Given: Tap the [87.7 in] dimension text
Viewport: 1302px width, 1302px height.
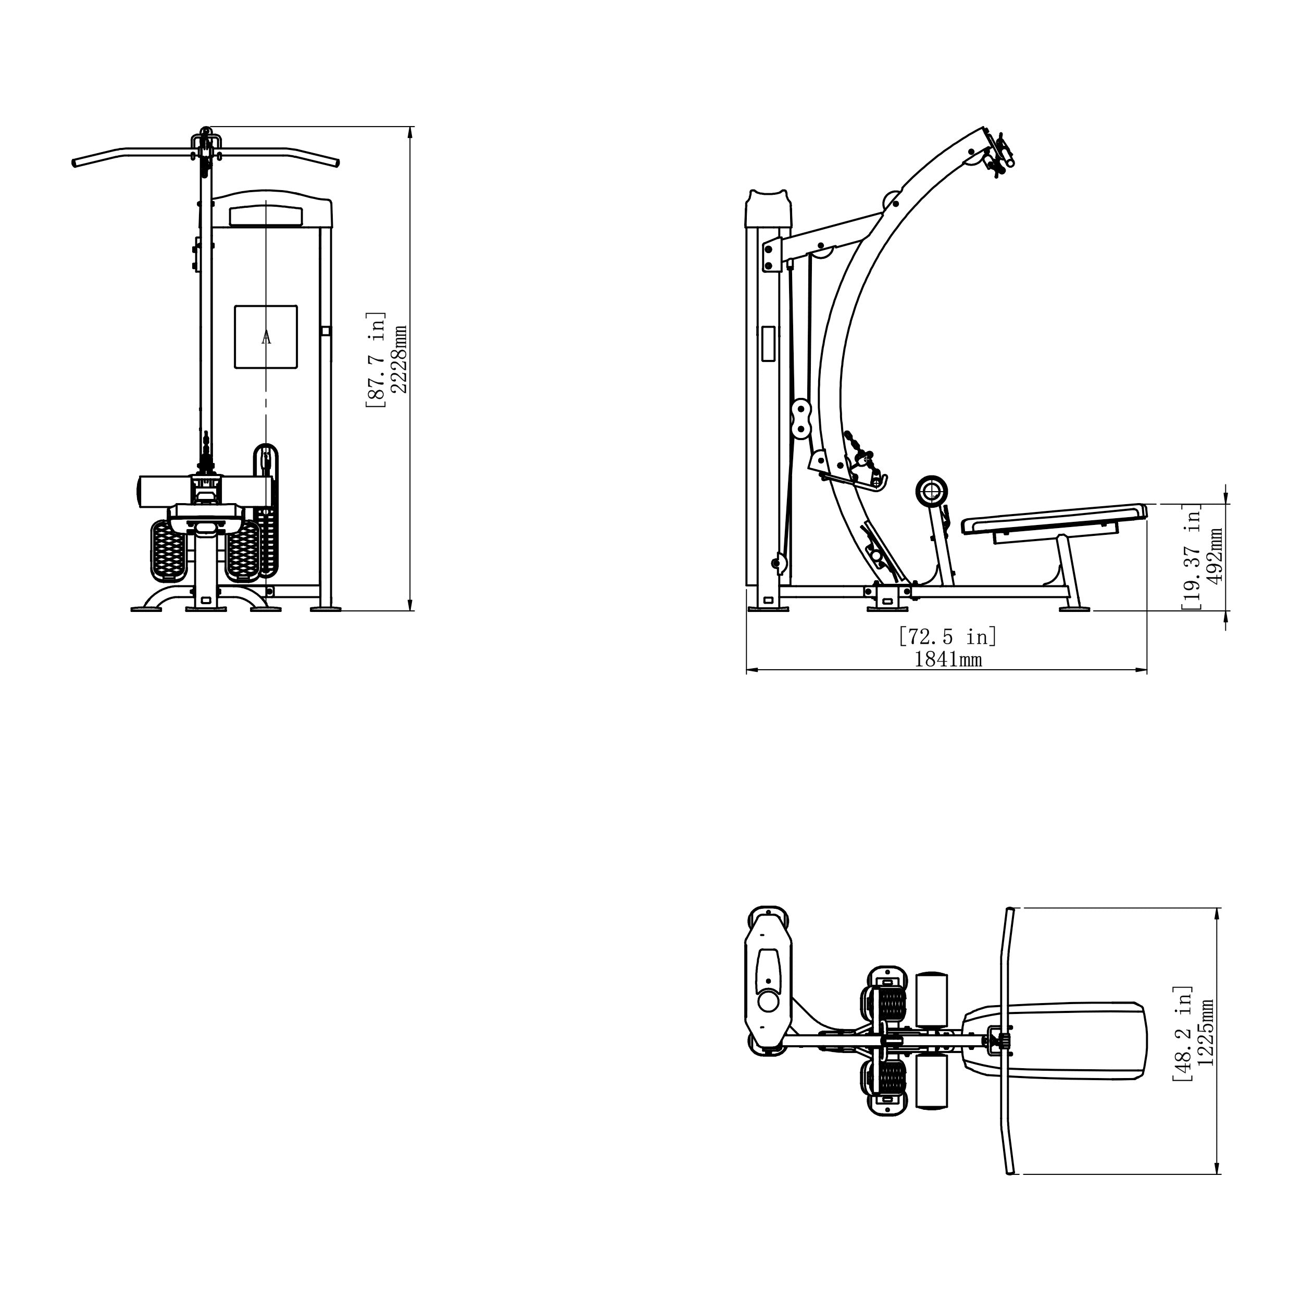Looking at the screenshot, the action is tap(375, 360).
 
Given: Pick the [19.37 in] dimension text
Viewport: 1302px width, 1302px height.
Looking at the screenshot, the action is tap(1192, 557).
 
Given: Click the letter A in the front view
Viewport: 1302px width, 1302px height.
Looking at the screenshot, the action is tap(266, 337).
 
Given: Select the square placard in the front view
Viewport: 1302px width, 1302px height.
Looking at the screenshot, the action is tap(266, 337).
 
